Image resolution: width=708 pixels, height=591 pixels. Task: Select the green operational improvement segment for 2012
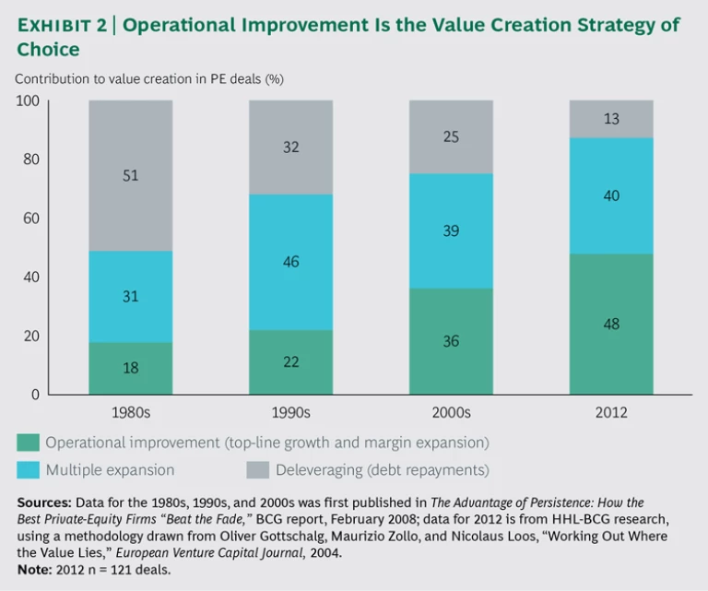609,341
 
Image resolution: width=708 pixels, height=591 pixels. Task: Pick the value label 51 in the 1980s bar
130,175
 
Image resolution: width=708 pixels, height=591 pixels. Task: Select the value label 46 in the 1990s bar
289,263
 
